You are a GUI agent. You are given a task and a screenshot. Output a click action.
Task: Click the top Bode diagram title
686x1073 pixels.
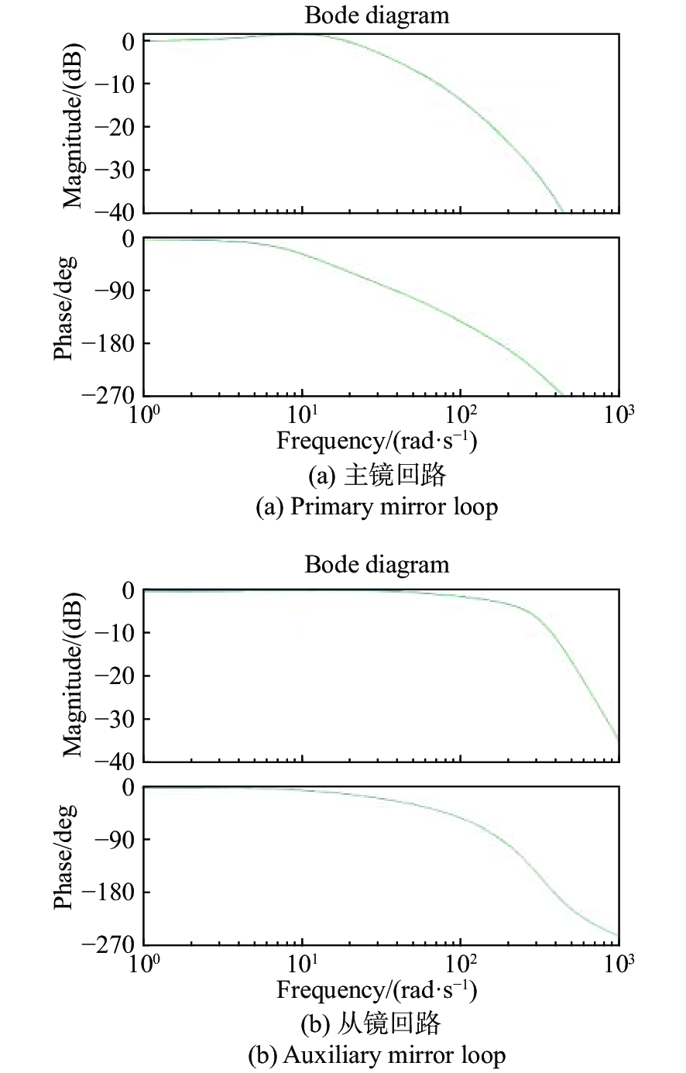coord(376,15)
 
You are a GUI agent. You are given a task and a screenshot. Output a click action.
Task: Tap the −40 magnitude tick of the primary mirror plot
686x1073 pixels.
coord(114,212)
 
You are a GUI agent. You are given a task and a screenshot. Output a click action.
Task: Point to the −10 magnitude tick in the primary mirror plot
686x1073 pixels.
coord(114,84)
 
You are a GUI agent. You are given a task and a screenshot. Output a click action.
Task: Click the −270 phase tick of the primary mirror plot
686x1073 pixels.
coord(114,394)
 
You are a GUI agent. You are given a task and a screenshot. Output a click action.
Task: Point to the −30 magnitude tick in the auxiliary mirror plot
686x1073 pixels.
coord(114,718)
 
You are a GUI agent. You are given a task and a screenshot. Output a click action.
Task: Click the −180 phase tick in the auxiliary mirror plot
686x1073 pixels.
coord(114,892)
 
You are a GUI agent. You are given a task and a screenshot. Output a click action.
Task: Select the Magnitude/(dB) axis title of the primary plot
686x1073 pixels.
coord(74,126)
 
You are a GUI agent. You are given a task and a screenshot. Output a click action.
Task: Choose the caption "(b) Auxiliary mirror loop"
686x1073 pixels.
coord(376,1055)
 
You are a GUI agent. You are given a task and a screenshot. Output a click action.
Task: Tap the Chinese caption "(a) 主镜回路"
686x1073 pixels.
coord(376,474)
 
